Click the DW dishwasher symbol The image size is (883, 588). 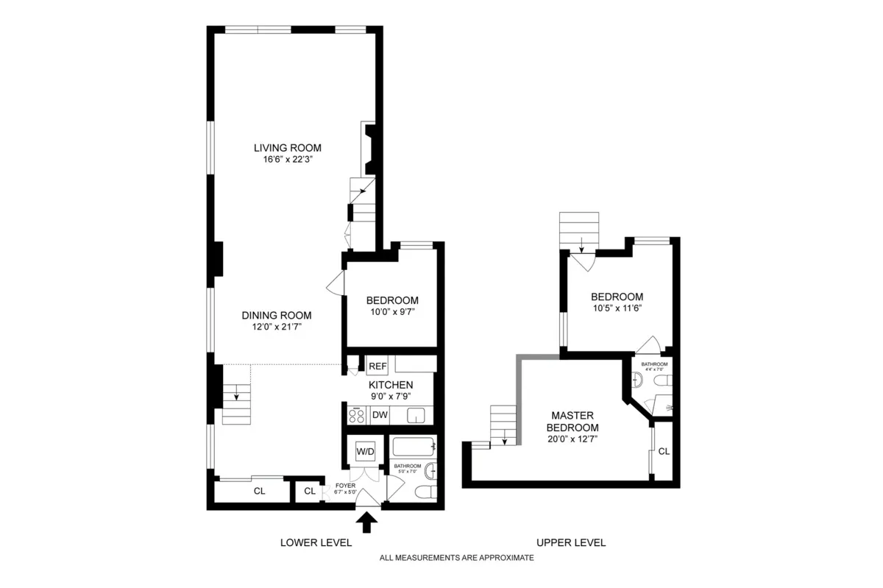click(x=380, y=415)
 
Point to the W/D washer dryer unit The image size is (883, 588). click(x=365, y=450)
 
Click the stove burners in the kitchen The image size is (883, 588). click(x=357, y=415)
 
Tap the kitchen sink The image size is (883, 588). click(x=416, y=416)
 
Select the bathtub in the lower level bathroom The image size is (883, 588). click(x=414, y=447)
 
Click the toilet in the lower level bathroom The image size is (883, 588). click(x=425, y=491)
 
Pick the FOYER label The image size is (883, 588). click(x=345, y=486)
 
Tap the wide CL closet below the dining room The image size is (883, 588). click(x=259, y=491)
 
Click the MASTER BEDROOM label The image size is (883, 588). click(x=571, y=422)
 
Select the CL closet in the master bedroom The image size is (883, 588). click(x=663, y=451)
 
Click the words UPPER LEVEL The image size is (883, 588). click(x=571, y=542)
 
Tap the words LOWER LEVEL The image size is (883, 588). click(x=316, y=542)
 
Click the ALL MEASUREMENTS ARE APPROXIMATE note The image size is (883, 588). click(x=456, y=558)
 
